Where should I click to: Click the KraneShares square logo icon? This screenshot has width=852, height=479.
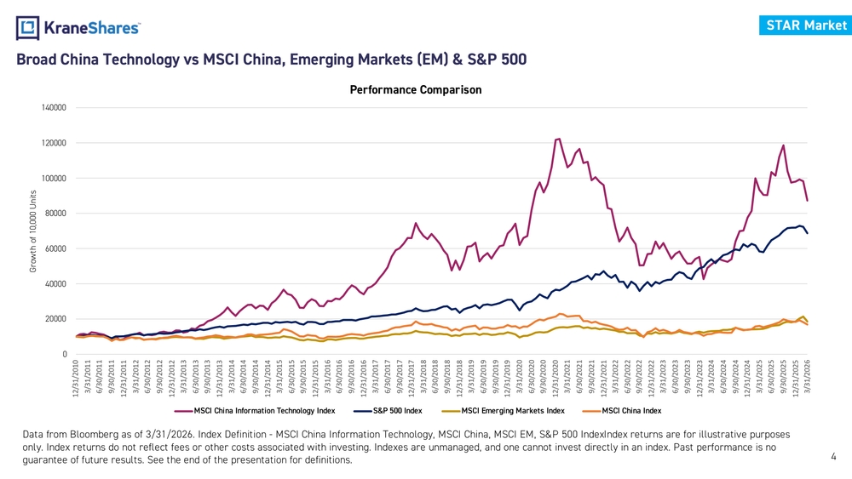28,28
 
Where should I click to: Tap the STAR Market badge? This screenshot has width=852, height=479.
806,26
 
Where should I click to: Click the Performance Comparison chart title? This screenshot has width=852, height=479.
416,89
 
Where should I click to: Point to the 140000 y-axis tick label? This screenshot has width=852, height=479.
54,107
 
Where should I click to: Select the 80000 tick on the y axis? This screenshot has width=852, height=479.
55,214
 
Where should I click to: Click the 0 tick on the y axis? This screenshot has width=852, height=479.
65,354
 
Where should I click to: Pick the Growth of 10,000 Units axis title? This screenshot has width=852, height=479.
33,231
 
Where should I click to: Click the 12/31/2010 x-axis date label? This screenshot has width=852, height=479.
76,378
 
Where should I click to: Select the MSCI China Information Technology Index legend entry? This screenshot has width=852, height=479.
255,411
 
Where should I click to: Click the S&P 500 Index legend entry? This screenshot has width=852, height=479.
388,411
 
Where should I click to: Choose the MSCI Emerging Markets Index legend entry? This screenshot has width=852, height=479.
504,411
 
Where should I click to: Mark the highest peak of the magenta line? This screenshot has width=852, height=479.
559,139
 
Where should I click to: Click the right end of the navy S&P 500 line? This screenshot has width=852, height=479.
808,233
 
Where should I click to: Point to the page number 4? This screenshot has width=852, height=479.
833,457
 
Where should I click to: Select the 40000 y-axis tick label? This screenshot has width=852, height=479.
55,283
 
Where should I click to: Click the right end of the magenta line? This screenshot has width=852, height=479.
808,201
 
